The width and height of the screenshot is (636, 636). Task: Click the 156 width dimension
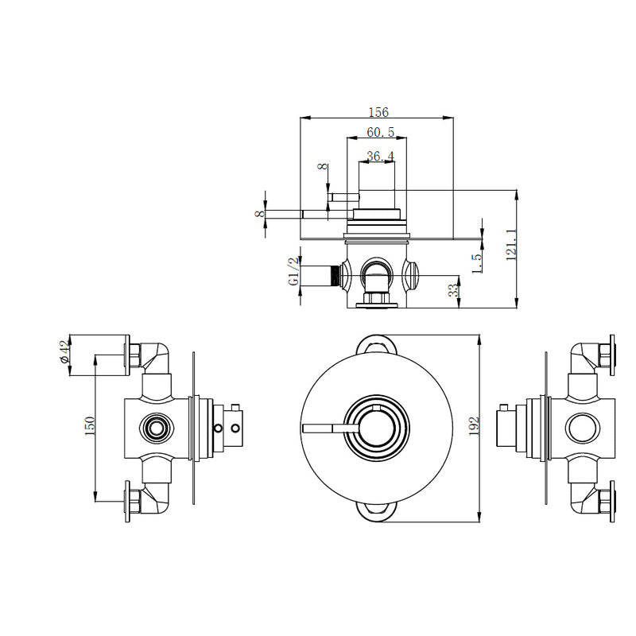pos(376,113)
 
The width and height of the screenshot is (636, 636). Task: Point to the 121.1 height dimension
pos(511,245)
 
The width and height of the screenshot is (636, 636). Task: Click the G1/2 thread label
pos(293,271)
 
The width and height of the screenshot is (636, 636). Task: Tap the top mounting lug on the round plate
pos(377,343)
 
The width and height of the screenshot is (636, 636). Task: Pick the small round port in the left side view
pos(155,429)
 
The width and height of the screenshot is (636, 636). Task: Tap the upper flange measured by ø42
pos(126,355)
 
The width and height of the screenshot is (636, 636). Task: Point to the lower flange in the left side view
pos(126,502)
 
